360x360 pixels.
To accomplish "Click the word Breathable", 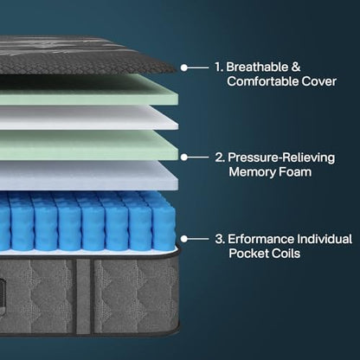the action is click(x=257, y=67).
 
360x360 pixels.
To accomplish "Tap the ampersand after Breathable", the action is click(x=296, y=67).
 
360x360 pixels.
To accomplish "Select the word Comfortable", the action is click(x=262, y=81).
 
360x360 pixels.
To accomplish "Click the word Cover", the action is click(x=319, y=81).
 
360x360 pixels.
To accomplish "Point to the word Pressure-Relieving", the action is click(x=281, y=157).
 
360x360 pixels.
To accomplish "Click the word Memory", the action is click(x=252, y=172).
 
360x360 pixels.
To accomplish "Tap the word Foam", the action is click(x=295, y=172).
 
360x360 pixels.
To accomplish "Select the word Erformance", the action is click(x=260, y=239).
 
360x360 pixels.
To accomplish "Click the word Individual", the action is click(x=325, y=239).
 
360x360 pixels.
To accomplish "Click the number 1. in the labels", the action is click(x=219, y=67).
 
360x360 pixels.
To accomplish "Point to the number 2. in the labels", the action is click(x=220, y=157).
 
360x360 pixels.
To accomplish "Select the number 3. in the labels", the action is click(x=220, y=239).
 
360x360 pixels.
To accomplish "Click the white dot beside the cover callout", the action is click(x=184, y=67).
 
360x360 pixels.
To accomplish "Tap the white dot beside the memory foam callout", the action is click(x=184, y=157).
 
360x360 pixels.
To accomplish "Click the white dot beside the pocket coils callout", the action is click(x=184, y=239).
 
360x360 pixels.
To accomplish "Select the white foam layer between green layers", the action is click(x=87, y=118).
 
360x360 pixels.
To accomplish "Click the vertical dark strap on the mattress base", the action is click(x=84, y=296).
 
